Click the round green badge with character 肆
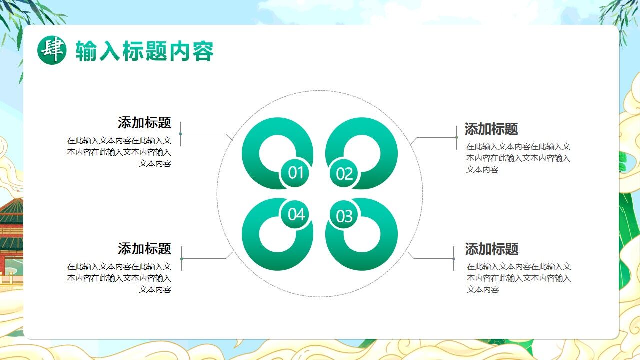[52, 50]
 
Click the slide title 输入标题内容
[144, 51]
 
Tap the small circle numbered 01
[296, 173]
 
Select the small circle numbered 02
[344, 174]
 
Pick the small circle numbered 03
[344, 216]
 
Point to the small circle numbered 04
[296, 215]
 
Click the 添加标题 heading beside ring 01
[144, 123]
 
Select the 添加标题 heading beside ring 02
[491, 129]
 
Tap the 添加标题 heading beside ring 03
[492, 249]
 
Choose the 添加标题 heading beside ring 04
[144, 248]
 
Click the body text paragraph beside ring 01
[119, 152]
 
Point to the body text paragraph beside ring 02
[518, 158]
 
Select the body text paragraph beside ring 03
[519, 278]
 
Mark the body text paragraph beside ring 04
[119, 278]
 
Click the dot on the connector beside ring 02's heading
[456, 137]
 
